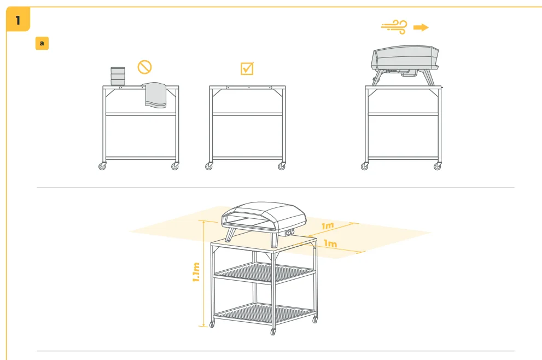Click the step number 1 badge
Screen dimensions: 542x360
18,20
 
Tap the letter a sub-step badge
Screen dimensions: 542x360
42,43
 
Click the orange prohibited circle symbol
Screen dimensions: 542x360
144,67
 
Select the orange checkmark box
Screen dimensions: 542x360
247,68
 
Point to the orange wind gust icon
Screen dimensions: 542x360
394,27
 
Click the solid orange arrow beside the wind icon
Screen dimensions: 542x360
421,27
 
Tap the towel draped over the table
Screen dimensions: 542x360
155,95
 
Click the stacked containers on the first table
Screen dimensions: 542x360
118,76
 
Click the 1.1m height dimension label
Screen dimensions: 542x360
196,272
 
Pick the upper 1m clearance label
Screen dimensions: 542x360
328,226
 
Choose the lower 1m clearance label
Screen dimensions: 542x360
330,243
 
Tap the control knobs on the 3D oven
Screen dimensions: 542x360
290,233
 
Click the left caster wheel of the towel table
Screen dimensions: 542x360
102,166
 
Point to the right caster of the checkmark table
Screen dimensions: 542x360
282,166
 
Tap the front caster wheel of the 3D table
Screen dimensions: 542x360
273,332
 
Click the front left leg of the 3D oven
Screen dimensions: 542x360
230,235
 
